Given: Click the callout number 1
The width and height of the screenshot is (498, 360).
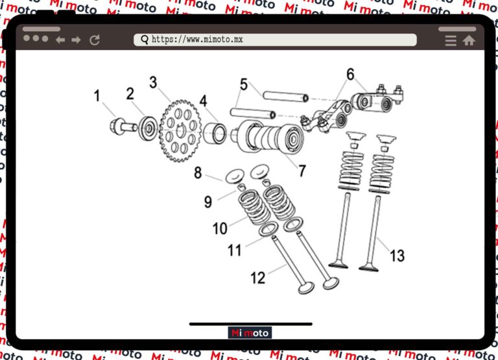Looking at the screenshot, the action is pos(97,95).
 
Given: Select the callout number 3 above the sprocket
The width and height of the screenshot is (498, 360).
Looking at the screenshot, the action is pos(154,82).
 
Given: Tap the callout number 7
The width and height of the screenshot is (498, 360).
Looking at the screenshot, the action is pos(302,171).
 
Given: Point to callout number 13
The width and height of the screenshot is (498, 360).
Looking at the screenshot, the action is pos(397,256).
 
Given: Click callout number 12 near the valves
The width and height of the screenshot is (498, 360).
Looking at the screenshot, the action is pos(258,278).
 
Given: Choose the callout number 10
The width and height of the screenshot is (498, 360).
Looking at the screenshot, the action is pos(220,228).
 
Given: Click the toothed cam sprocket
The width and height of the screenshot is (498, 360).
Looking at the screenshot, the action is pos(180,131).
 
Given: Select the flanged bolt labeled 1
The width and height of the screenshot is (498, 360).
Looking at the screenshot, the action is pos(123,126).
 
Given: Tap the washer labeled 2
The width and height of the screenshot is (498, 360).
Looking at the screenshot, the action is pos(148,128).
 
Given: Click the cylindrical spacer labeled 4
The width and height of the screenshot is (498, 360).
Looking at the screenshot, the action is pos(215,134).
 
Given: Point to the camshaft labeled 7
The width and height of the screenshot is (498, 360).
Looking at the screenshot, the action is pos(268,138).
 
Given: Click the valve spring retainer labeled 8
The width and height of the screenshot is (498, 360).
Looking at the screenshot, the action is pos(235,176).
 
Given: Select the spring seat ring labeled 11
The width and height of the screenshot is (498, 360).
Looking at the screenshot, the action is pos(268,230).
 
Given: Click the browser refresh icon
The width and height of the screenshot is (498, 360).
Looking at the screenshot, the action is pos(95,40).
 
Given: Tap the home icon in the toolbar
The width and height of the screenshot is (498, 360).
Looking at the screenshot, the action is pos(469,40).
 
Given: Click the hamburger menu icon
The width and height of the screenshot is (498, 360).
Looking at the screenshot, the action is pos(451,41).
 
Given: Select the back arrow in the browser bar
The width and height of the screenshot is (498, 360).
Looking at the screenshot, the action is pos(60,40).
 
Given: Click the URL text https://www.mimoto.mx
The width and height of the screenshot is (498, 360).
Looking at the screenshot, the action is pos(197,40).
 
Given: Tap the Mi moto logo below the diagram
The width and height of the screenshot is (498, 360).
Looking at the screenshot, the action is pos(250,333).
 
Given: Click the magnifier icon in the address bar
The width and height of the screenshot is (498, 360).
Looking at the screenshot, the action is pos(145,40).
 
